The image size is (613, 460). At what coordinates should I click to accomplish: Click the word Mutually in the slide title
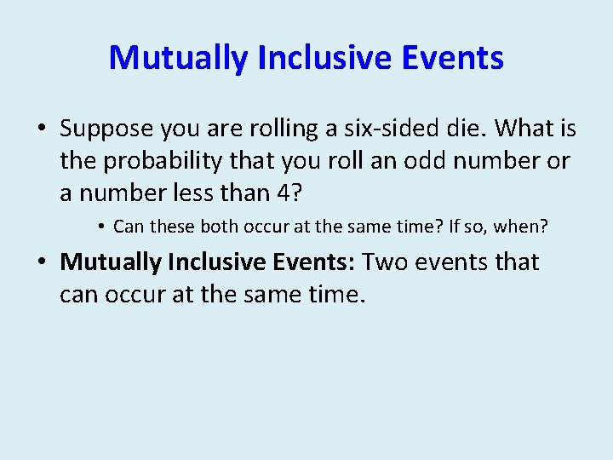pyautogui.click(x=178, y=58)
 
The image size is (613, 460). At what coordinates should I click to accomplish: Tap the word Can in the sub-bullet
pyautogui.click(x=129, y=227)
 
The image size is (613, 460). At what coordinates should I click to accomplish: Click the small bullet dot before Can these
pyautogui.click(x=100, y=227)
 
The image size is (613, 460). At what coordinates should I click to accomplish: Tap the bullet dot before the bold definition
pyautogui.click(x=41, y=262)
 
